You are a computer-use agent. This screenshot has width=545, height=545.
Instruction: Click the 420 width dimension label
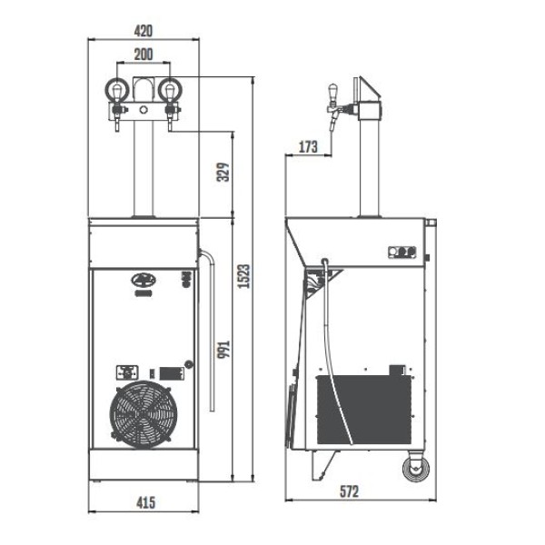(144, 31)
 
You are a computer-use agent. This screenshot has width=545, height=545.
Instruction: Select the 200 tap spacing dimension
(144, 54)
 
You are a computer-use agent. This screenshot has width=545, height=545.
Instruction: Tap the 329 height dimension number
(223, 172)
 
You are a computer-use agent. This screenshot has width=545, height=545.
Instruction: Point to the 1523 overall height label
(244, 276)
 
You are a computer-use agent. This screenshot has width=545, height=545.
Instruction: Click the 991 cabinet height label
(223, 350)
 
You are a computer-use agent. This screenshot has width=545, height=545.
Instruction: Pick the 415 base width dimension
(145, 502)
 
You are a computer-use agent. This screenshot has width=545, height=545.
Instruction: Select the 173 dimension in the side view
(308, 146)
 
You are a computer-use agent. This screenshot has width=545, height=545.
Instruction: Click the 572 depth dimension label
(349, 491)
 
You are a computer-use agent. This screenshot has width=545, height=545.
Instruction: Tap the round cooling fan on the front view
(144, 414)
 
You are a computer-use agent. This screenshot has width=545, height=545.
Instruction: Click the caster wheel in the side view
(416, 468)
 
